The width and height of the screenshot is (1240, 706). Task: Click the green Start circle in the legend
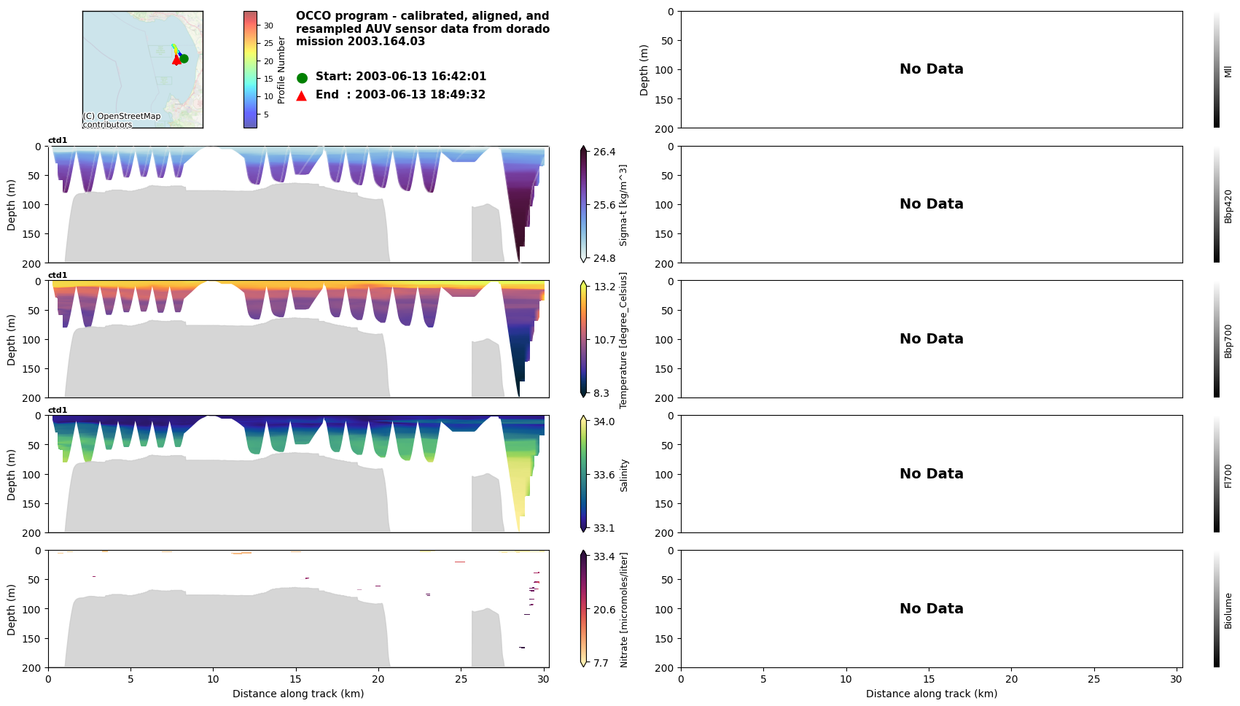click(302, 77)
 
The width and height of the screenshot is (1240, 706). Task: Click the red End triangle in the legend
click(302, 96)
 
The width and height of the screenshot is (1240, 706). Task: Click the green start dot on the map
click(184, 58)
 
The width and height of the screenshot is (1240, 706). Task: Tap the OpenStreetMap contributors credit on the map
click(121, 120)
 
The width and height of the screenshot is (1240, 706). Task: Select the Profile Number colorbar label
click(281, 70)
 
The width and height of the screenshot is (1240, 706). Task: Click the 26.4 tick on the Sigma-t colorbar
click(604, 152)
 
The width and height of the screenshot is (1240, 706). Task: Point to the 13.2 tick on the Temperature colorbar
click(604, 287)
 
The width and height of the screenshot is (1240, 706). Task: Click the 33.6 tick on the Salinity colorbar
click(604, 475)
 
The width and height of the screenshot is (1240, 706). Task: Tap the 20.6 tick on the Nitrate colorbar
click(604, 610)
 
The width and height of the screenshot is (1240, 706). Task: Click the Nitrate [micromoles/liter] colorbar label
click(624, 609)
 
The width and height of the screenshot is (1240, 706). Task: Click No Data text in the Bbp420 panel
click(931, 204)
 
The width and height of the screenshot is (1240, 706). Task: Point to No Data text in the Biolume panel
click(931, 609)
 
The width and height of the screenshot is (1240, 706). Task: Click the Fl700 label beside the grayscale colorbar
click(1228, 476)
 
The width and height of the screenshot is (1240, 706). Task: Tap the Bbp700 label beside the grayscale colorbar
click(1228, 341)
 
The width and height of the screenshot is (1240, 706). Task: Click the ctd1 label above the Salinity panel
click(58, 410)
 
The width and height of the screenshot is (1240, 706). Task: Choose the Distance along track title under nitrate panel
click(298, 694)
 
